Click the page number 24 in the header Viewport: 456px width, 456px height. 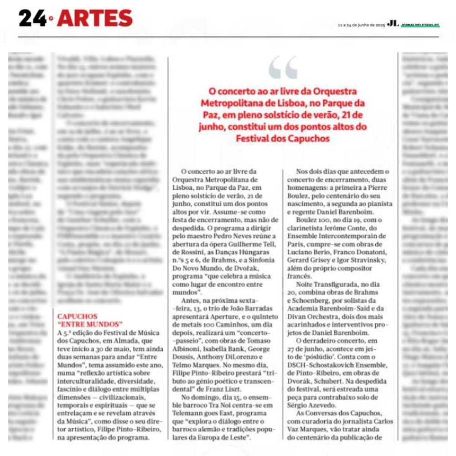pos(32,18)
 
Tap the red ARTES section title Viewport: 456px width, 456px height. pos(95,18)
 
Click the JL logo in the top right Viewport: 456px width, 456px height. pos(393,24)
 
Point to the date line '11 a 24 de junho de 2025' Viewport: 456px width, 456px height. pos(362,25)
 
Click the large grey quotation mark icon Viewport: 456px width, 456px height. pos(283,67)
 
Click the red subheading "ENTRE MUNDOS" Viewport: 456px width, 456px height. pos(90,324)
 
